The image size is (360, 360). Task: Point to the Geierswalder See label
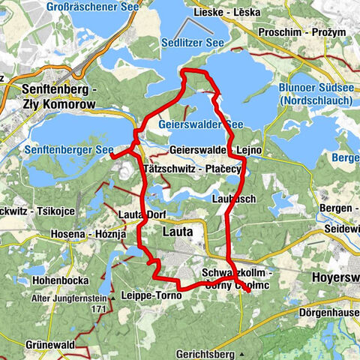coord(202,124)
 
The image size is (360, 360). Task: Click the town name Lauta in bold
coord(177,232)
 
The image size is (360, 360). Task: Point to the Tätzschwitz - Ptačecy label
coord(190,170)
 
